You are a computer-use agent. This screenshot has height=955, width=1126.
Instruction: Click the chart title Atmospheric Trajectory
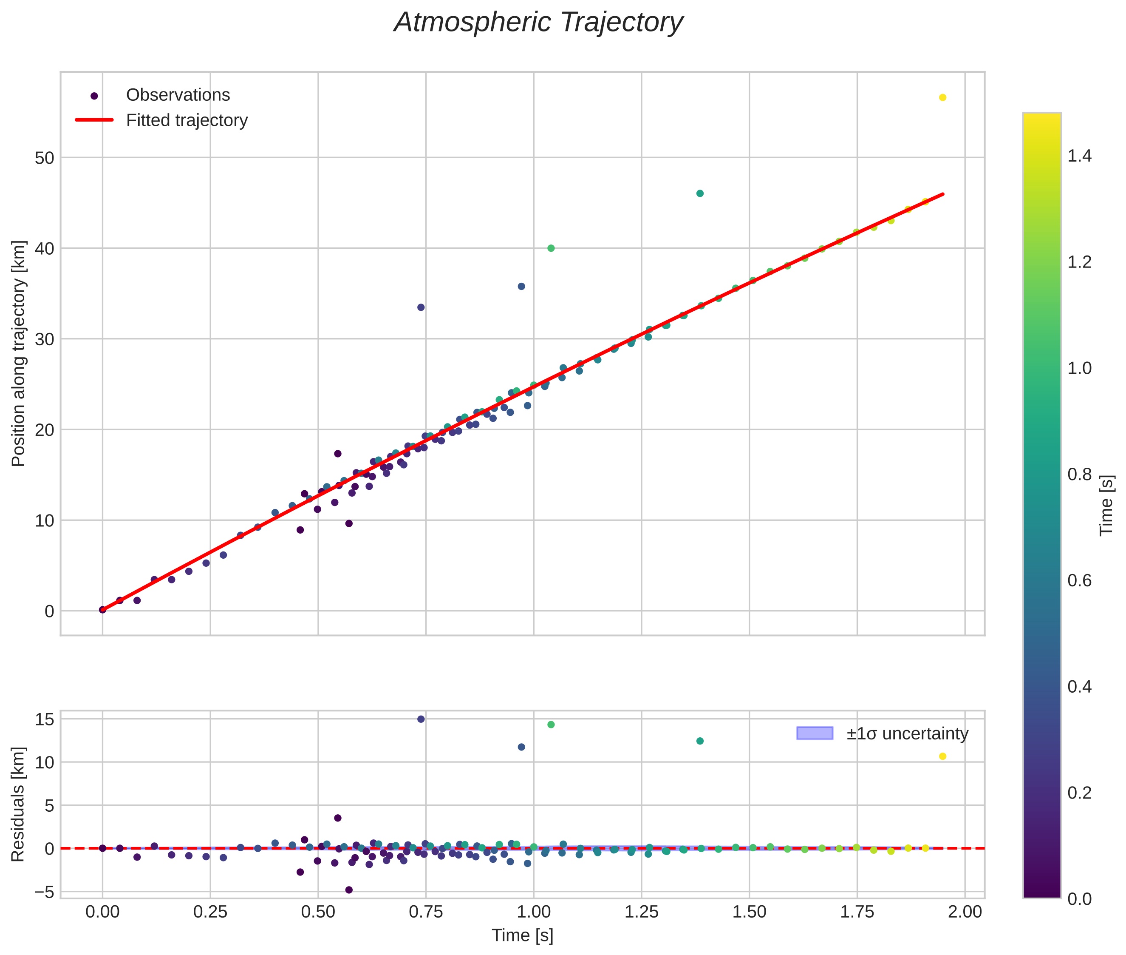point(538,23)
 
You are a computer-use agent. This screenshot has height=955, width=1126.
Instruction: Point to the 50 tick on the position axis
point(45,158)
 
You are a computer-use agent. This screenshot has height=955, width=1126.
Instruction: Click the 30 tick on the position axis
point(45,339)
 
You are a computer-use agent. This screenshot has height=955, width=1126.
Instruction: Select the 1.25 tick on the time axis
point(641,912)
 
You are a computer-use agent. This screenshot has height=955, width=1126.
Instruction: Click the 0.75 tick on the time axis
point(426,912)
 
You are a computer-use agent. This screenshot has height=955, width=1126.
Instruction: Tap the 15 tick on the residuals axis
point(45,719)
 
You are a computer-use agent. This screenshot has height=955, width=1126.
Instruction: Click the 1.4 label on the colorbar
point(1079,156)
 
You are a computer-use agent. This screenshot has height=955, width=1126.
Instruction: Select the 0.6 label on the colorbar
point(1079,581)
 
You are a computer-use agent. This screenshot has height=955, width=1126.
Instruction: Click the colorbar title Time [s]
point(1106,505)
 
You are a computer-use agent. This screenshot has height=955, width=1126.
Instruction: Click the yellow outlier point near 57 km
point(942,97)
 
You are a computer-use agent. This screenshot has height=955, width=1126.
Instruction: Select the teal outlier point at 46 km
point(700,193)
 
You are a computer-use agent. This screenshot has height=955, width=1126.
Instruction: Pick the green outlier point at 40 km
point(551,248)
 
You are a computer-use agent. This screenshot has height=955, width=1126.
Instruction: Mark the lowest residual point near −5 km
point(349,890)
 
